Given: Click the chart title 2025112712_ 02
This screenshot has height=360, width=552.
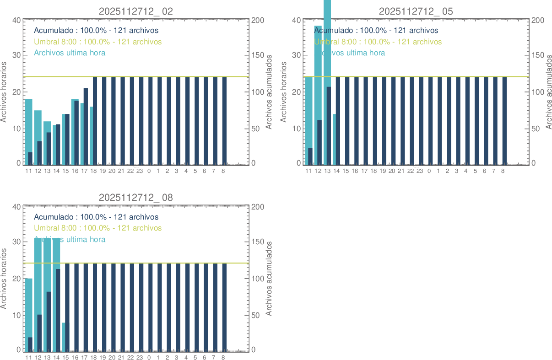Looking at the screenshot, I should pyautogui.click(x=136, y=11).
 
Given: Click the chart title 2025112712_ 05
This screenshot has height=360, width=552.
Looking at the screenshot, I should pyautogui.click(x=416, y=11).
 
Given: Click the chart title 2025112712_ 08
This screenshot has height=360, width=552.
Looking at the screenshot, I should pyautogui.click(x=136, y=198).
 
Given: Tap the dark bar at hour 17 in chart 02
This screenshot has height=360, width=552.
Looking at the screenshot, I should pyautogui.click(x=86, y=126).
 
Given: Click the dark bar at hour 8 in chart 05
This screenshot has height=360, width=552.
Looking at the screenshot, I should pyautogui.click(x=504, y=121).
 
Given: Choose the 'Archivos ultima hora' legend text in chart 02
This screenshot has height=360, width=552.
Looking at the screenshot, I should pyautogui.click(x=70, y=53).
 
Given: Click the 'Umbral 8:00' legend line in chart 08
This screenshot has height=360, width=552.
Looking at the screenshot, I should pyautogui.click(x=97, y=228).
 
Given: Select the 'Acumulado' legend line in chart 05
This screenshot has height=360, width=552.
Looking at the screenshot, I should pyautogui.click(x=376, y=31).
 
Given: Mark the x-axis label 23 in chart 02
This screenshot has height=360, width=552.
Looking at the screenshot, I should pyautogui.click(x=140, y=171).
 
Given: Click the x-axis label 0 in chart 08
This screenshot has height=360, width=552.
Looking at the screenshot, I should pyautogui.click(x=149, y=357).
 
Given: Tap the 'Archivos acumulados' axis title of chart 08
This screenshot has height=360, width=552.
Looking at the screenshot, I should pyautogui.click(x=269, y=278).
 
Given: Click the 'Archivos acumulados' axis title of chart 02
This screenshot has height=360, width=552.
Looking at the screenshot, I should pyautogui.click(x=269, y=92).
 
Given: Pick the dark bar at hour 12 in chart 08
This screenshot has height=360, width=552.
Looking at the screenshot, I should pyautogui.click(x=39, y=333).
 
